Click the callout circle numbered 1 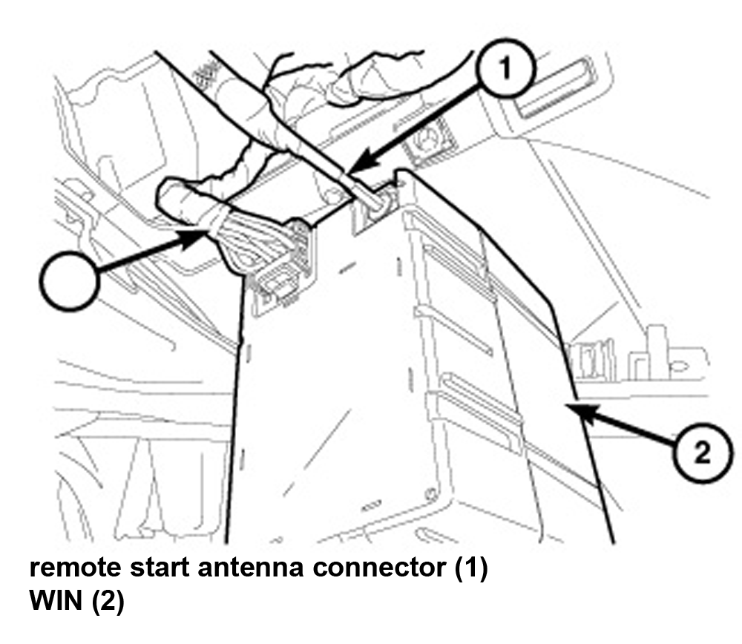pyautogui.click(x=506, y=69)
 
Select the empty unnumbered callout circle pyautogui.click(x=70, y=280)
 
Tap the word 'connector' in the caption pyautogui.click(x=378, y=567)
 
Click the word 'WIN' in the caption pyautogui.click(x=56, y=600)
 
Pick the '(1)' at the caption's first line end pyautogui.click(x=470, y=568)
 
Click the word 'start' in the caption pyautogui.click(x=160, y=567)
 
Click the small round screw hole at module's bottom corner pyautogui.click(x=430, y=494)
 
